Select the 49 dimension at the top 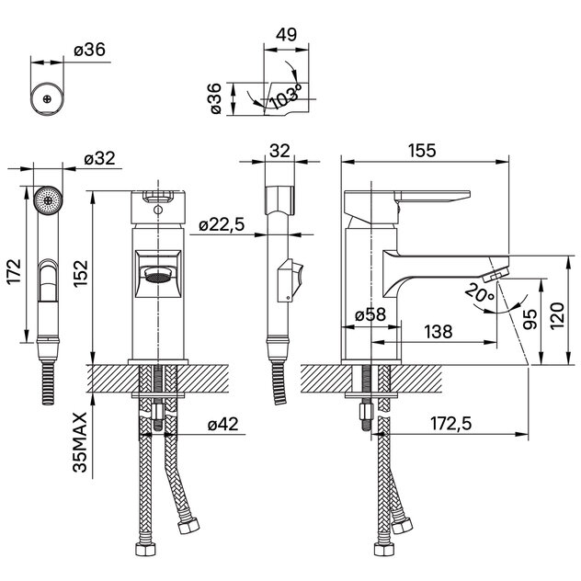[x=286, y=34]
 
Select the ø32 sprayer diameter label [x=98, y=158]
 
